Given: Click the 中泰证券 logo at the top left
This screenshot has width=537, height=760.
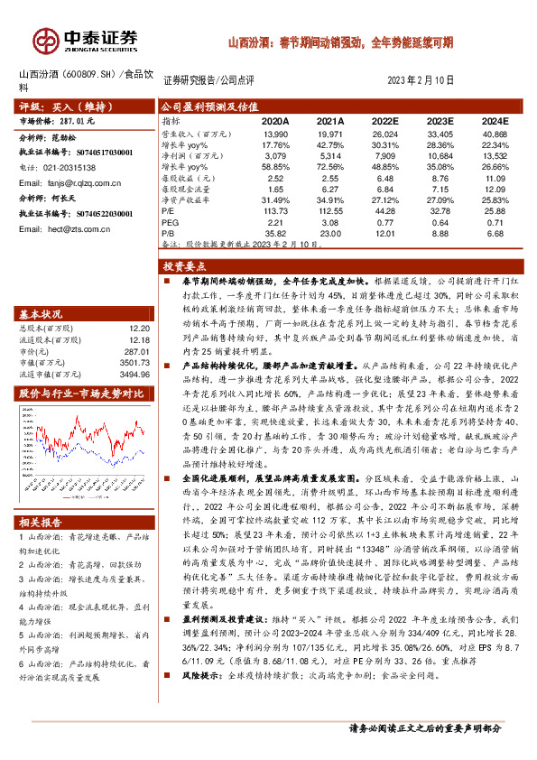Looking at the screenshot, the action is (x=87, y=41).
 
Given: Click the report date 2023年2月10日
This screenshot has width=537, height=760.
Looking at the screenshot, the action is (x=419, y=80).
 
